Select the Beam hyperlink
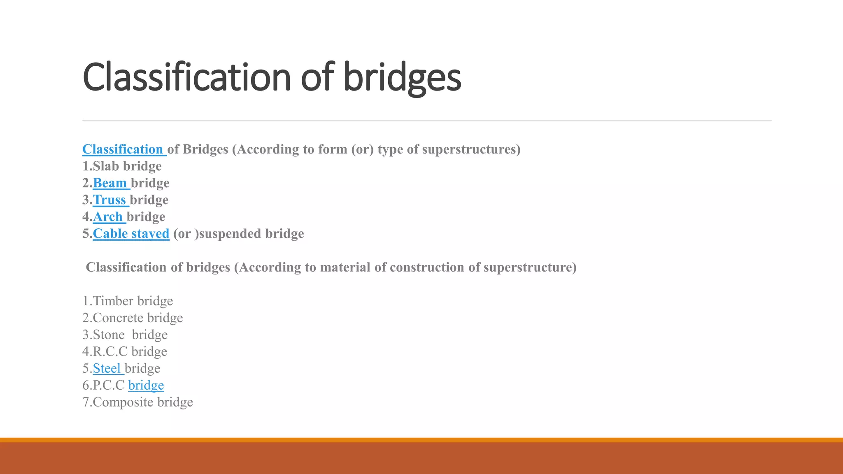coord(110,183)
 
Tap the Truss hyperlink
coord(109,200)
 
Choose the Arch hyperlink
coord(108,217)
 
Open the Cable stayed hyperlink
coord(131,234)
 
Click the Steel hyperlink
coord(107,369)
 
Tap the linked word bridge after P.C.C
coord(146,386)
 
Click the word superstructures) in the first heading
coord(471,149)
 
